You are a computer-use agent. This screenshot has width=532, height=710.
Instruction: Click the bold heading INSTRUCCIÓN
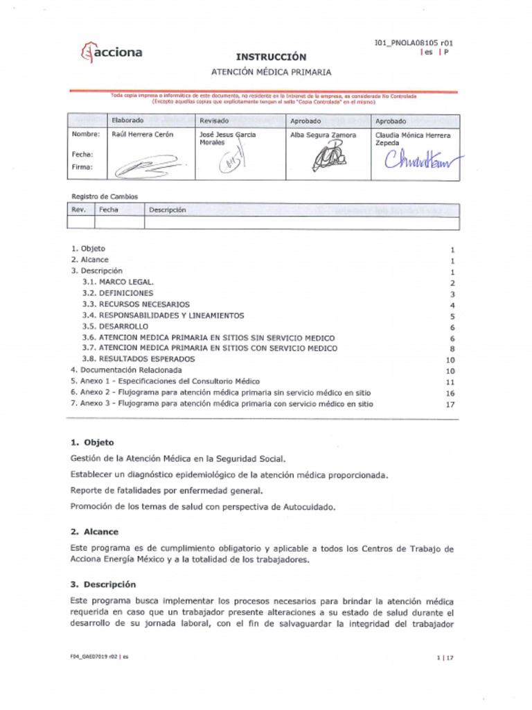pos(271,57)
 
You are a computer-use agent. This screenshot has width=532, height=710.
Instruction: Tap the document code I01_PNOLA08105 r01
pos(414,43)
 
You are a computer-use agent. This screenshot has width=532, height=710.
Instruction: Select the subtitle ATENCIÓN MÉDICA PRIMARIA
pos(271,71)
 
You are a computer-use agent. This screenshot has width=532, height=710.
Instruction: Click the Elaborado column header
pos(127,121)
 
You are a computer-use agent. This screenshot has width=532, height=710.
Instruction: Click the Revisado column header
pos(214,121)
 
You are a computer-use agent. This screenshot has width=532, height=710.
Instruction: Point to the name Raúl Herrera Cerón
pos(143,135)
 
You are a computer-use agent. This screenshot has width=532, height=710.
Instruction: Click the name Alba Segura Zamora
pos(323,135)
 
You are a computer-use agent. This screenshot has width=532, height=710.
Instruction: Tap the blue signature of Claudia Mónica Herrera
pos(422,162)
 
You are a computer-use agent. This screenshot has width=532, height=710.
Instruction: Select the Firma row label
pos(82,167)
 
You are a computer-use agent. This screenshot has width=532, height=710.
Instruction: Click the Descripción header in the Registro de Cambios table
pos(167,209)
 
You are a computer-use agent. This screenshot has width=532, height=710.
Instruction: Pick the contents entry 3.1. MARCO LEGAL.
pos(118,282)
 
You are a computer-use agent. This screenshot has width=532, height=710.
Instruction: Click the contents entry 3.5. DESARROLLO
pos(115,326)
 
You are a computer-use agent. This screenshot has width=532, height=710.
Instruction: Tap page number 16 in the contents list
pos(450,393)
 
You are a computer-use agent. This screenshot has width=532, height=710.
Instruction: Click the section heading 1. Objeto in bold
pos(92,442)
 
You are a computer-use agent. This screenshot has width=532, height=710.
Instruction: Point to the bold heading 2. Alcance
pos(94,532)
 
